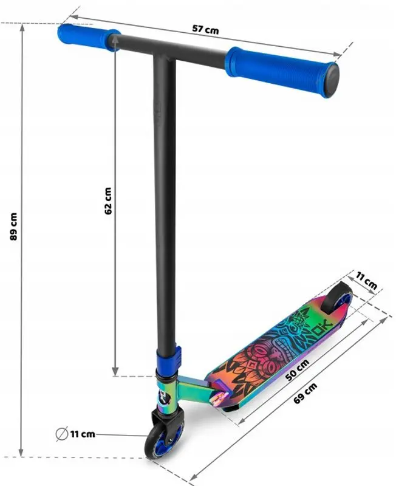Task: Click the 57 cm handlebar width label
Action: pos(205,30)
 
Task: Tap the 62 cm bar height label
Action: pos(108,200)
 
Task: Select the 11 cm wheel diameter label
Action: pos(82,434)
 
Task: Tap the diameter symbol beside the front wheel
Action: pos(60,434)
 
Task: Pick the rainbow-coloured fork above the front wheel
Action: pos(166,395)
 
